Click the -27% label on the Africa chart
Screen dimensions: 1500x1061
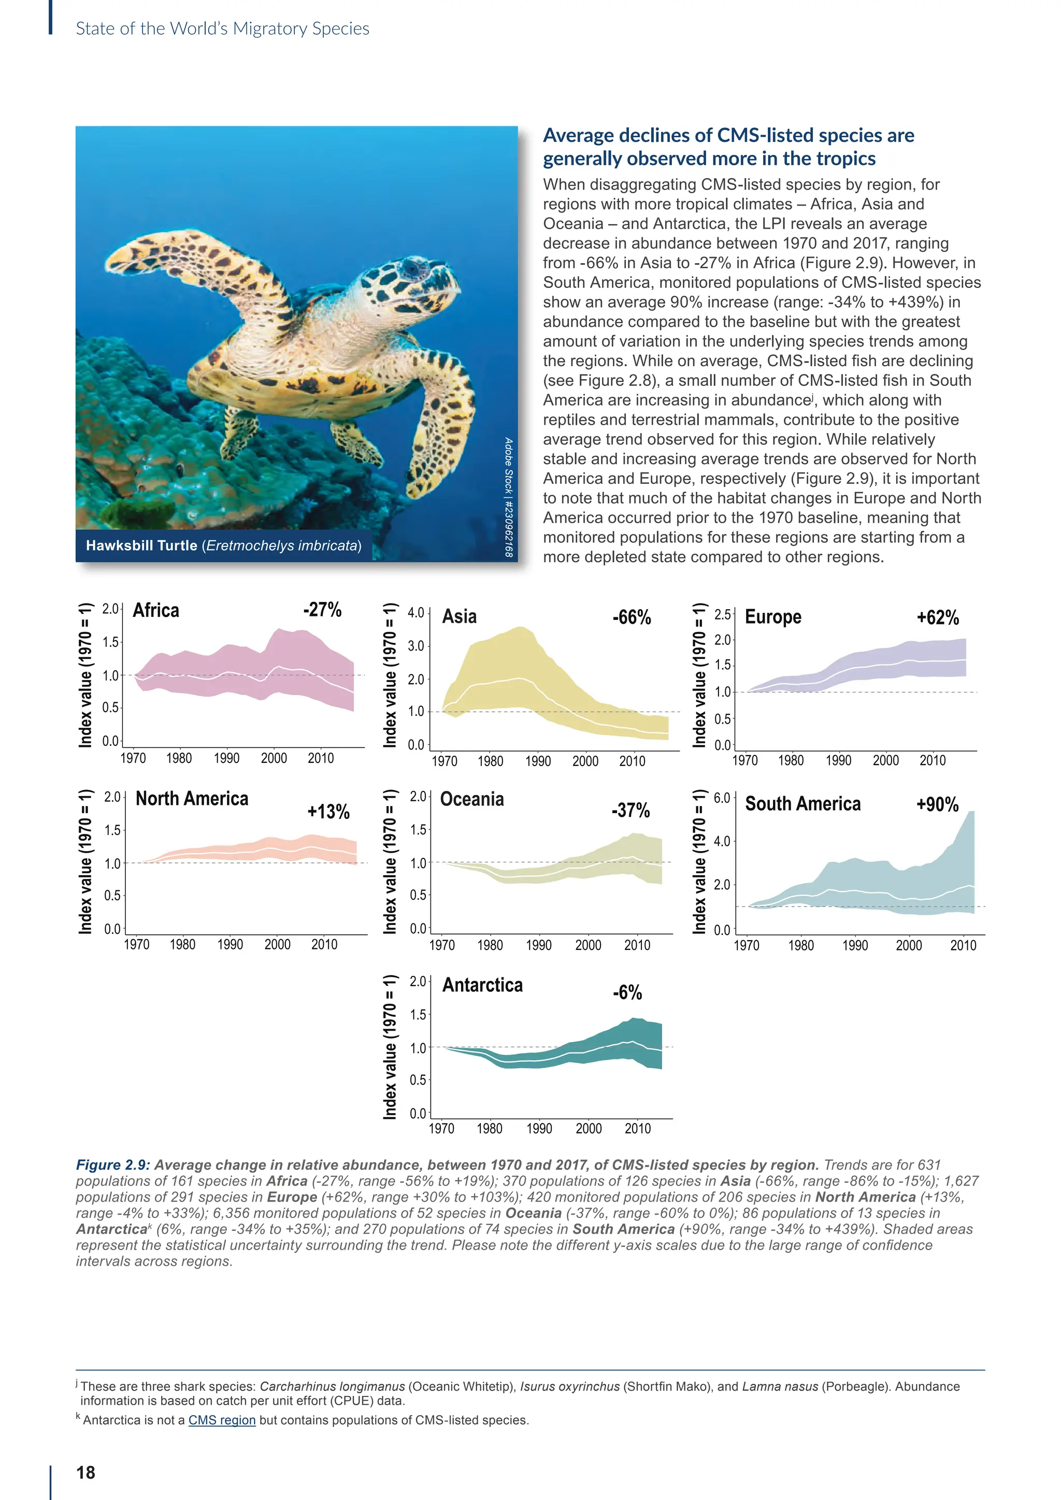[x=322, y=610]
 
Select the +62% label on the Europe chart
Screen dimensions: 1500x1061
[x=938, y=617]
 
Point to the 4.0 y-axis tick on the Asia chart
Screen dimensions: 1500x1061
[x=415, y=613]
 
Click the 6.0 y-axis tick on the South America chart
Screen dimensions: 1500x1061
[x=721, y=798]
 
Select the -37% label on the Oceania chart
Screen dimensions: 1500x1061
[x=630, y=811]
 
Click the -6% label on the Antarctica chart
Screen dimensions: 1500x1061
[x=627, y=992]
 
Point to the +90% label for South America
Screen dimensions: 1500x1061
[x=938, y=804]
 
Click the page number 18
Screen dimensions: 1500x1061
[x=85, y=1473]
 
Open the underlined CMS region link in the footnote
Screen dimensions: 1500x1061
[x=222, y=1420]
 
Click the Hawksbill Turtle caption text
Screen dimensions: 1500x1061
[x=223, y=545]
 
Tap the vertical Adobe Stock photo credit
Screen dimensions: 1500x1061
[x=508, y=497]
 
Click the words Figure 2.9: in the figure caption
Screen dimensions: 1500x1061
[x=113, y=1165]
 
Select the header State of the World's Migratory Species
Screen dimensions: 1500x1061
[x=222, y=28]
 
